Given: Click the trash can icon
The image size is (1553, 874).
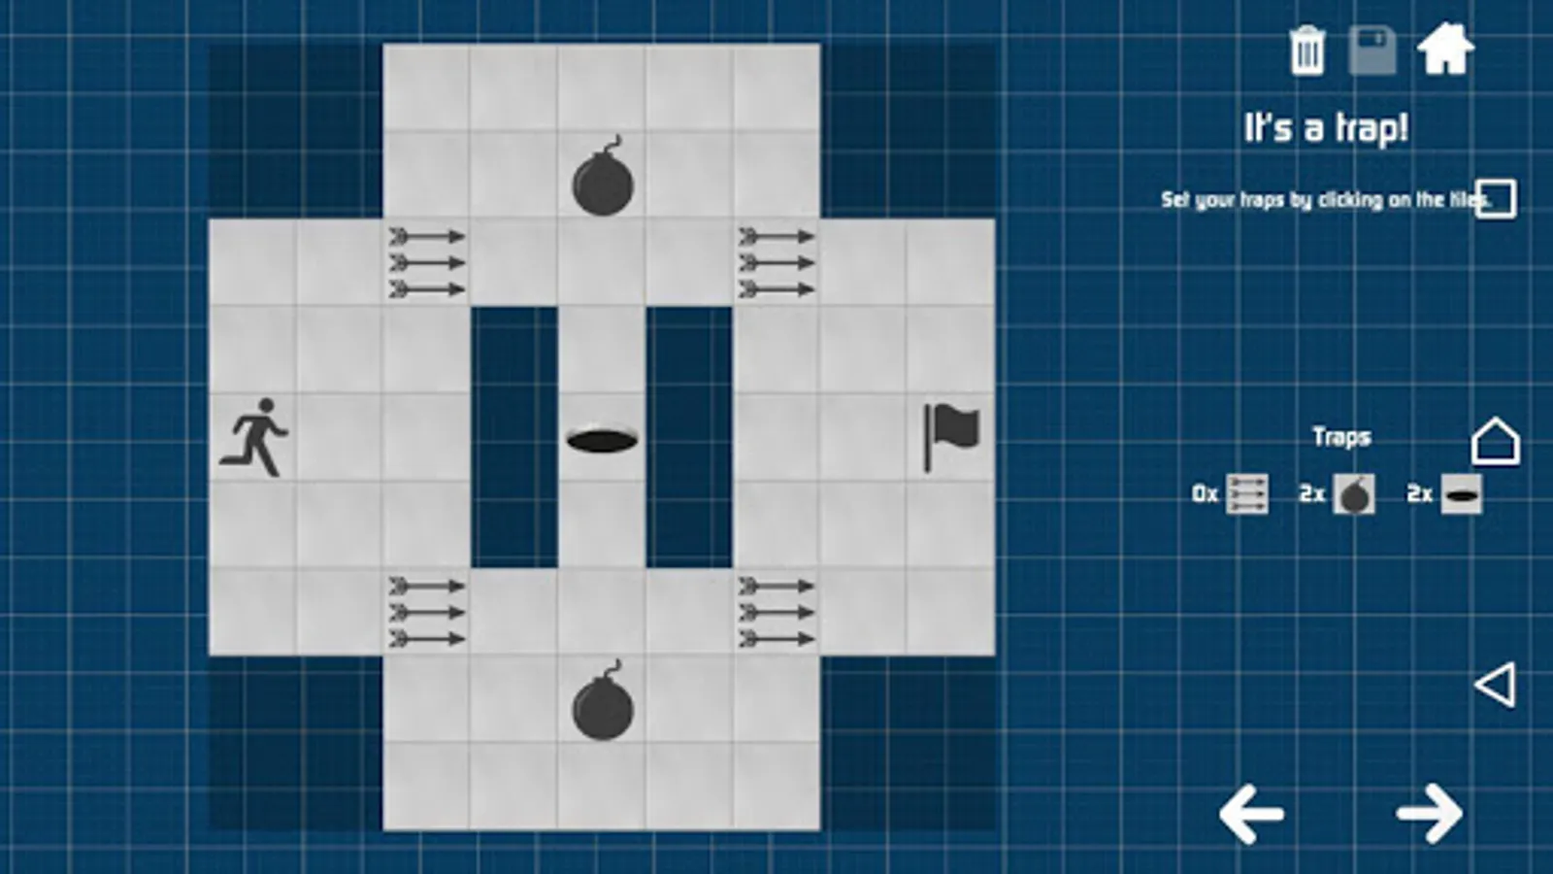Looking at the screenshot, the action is [1307, 50].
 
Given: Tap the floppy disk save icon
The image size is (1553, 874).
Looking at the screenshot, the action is [1372, 50].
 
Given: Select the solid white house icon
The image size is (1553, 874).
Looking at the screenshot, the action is [1445, 49].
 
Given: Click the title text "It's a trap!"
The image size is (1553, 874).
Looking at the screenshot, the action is [1326, 128].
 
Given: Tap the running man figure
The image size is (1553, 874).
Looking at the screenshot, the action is [253, 437].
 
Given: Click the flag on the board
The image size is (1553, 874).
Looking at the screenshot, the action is [951, 437].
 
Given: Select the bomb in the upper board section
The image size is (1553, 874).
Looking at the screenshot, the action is [603, 176].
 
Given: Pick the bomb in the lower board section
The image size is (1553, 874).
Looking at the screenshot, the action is [603, 700].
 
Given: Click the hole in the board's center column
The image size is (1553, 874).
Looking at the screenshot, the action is [602, 441].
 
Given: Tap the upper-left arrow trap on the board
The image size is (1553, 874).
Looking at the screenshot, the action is [426, 263].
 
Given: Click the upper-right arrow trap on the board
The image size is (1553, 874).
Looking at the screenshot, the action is [776, 263].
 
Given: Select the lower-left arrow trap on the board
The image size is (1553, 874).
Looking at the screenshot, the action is [426, 613].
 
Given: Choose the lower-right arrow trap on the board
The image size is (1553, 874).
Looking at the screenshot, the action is [776, 613].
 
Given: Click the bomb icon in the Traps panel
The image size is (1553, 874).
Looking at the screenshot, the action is [1354, 494].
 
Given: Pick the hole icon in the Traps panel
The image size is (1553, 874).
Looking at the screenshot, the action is [1462, 494].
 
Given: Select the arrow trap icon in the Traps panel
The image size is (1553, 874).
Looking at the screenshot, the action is [1247, 494].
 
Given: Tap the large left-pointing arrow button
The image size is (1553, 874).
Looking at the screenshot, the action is [1251, 815].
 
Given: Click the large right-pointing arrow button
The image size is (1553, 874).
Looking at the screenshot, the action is [1430, 814].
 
